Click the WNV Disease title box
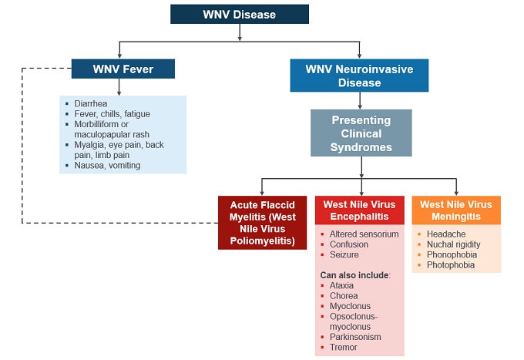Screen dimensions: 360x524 [239, 14]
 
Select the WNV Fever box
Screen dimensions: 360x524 [123, 69]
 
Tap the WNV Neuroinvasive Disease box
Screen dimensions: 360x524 [358, 76]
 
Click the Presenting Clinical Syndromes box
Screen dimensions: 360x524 [361, 133]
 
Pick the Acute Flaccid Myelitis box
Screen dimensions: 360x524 [262, 222]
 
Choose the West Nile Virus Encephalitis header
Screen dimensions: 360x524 [360, 210]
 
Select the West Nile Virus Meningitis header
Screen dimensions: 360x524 [455, 210]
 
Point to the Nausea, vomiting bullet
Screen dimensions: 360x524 [107, 165]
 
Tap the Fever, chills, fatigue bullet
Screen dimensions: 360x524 [112, 114]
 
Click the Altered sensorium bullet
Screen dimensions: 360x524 [364, 234]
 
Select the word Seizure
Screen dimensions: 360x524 [344, 255]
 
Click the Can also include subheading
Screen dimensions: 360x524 [355, 274]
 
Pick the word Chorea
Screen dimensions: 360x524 [344, 295]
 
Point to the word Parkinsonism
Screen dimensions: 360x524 [355, 337]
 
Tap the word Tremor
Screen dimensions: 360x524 [343, 347]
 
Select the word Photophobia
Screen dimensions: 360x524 [451, 265]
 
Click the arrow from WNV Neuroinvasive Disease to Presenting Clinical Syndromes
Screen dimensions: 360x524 [360, 100]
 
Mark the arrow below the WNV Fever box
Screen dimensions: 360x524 [118, 87]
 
